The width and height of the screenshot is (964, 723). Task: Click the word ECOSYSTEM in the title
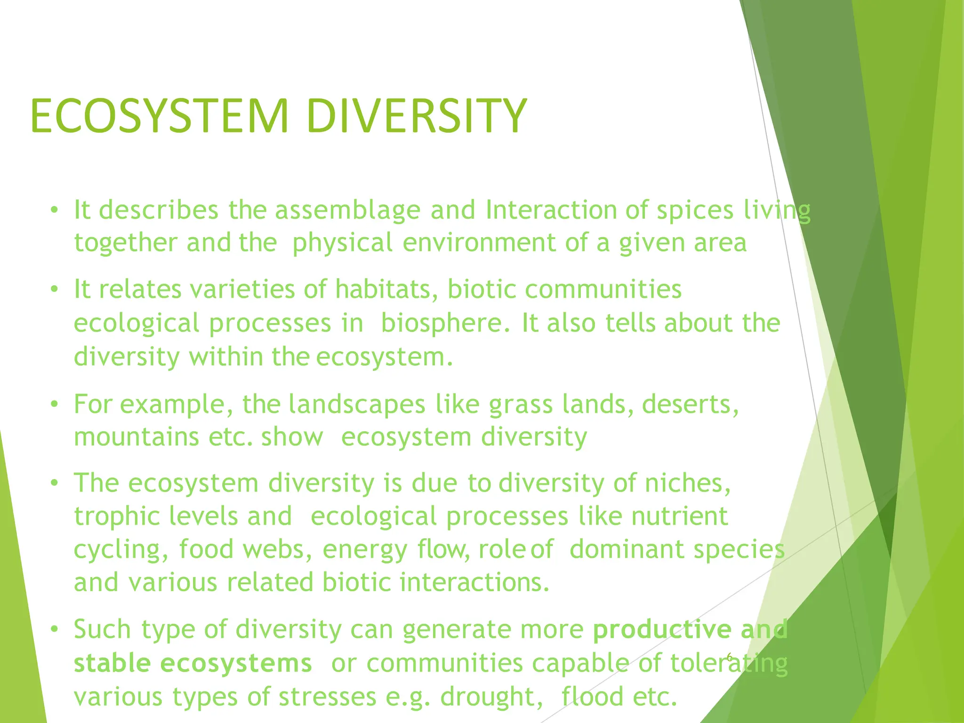159,116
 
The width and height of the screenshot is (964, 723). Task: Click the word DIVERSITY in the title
416,116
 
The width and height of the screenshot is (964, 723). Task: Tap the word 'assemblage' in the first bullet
347,210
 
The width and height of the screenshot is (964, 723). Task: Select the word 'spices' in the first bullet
695,210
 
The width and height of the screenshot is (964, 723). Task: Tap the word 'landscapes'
357,404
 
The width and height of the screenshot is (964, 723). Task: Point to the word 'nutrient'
680,516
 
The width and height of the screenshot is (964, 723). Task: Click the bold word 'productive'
662,630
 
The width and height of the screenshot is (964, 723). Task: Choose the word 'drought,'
491,697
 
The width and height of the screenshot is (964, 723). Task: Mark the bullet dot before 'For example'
55,404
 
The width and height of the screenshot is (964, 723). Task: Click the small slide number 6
729,658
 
